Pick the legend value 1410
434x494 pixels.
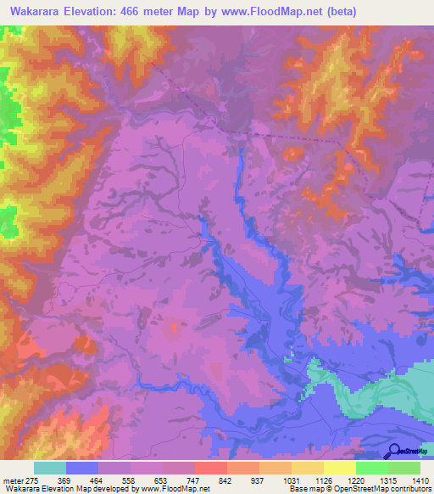click(x=419, y=480)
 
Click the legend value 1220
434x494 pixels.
click(x=355, y=480)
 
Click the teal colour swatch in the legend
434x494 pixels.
click(x=50, y=468)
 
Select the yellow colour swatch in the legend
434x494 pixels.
click(x=339, y=468)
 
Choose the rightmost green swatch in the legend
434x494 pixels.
click(x=404, y=468)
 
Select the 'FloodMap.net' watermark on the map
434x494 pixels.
click(x=179, y=455)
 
